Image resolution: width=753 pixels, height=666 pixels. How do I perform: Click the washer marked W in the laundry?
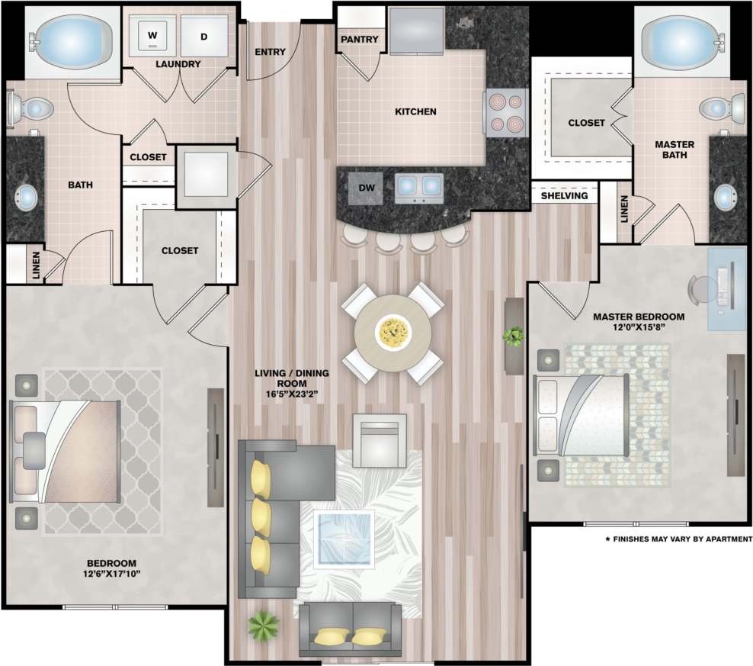[153, 36]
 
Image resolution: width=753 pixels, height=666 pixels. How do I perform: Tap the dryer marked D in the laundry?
[204, 36]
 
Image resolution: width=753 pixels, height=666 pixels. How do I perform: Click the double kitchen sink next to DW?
[418, 186]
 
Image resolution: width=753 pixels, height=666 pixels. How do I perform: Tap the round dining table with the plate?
[393, 332]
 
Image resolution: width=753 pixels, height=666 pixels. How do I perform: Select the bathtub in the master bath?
[681, 39]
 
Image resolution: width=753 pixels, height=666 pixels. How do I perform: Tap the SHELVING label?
[564, 196]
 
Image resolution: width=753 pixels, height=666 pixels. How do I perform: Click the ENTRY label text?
[270, 52]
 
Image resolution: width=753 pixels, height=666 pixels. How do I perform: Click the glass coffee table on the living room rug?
[344, 538]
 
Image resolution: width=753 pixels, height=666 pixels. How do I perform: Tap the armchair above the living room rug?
[379, 440]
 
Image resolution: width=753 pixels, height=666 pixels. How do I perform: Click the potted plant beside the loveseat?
[263, 625]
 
